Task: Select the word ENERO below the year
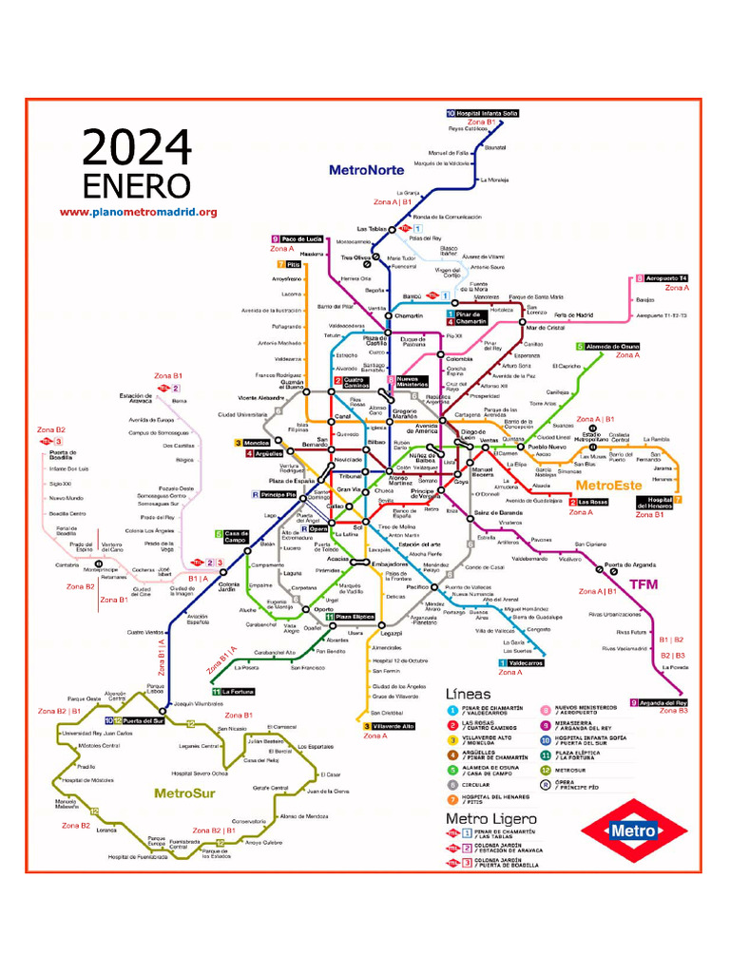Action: (137, 185)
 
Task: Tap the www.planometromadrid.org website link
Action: (139, 213)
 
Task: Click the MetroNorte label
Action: (366, 170)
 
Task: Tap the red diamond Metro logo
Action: (633, 830)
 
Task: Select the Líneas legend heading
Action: (469, 694)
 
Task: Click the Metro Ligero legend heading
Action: (491, 818)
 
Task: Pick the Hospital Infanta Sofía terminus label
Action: (488, 113)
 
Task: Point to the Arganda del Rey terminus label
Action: (663, 703)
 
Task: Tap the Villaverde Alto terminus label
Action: (394, 726)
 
